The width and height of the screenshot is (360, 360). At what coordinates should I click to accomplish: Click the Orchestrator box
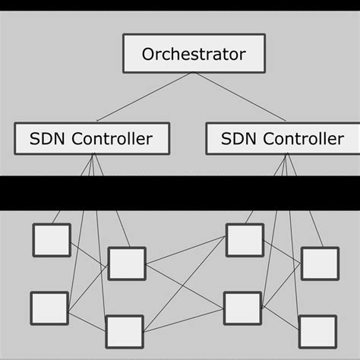point(194,54)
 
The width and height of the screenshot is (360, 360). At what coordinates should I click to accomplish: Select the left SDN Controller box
point(91,138)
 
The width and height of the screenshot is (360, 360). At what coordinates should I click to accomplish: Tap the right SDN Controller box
point(283,138)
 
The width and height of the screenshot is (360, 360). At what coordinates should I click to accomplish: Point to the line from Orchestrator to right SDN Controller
point(239,97)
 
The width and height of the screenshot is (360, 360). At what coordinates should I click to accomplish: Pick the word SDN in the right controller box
point(238,139)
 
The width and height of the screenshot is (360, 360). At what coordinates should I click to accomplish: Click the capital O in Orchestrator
point(150,55)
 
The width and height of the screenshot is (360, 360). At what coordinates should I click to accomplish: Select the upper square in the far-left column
point(51,240)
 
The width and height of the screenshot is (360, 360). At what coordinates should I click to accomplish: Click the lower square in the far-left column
point(49,308)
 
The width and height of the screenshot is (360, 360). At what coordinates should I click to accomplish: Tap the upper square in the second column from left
point(126,263)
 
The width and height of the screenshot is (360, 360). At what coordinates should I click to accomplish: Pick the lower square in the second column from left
point(124,331)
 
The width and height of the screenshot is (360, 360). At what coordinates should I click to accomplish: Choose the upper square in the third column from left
point(245,240)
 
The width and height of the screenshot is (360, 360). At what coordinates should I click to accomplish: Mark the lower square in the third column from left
point(242,308)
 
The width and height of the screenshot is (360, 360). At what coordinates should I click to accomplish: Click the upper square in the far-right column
point(320,263)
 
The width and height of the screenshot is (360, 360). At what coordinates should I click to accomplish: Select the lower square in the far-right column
point(317,331)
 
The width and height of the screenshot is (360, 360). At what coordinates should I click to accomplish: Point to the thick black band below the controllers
point(180,194)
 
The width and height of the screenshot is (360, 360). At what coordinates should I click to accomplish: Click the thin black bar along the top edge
point(180,5)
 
